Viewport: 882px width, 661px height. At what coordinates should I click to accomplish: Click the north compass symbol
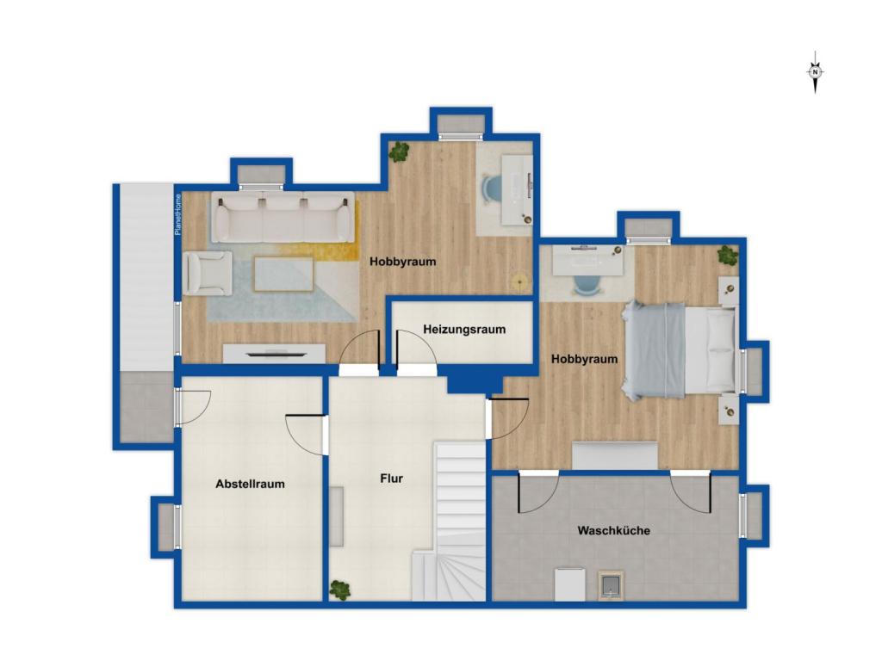[815, 72]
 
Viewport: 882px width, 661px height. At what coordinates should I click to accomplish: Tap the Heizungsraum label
[464, 330]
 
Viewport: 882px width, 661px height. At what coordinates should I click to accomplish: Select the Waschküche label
[613, 530]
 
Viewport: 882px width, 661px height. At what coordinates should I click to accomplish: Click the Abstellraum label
[250, 484]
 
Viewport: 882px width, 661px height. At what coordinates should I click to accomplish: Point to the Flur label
[392, 479]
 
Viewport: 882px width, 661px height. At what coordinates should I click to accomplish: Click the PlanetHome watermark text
[178, 214]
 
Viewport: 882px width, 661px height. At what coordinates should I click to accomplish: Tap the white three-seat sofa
[283, 217]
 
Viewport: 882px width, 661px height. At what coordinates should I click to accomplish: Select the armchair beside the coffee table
[208, 273]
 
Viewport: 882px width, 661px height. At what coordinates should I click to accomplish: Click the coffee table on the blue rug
[283, 274]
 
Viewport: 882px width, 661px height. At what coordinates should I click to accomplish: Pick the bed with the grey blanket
[680, 349]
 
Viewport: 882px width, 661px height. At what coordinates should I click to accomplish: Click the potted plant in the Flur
[339, 590]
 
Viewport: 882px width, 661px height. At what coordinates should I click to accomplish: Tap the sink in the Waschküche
[611, 585]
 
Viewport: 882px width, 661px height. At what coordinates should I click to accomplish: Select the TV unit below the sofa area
[274, 354]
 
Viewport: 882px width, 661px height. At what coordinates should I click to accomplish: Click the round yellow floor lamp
[519, 281]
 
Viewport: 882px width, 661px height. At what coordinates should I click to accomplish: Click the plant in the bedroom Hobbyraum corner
[728, 255]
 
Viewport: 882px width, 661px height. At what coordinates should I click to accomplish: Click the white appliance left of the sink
[570, 584]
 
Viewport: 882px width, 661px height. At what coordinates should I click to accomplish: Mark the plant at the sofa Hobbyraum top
[400, 151]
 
